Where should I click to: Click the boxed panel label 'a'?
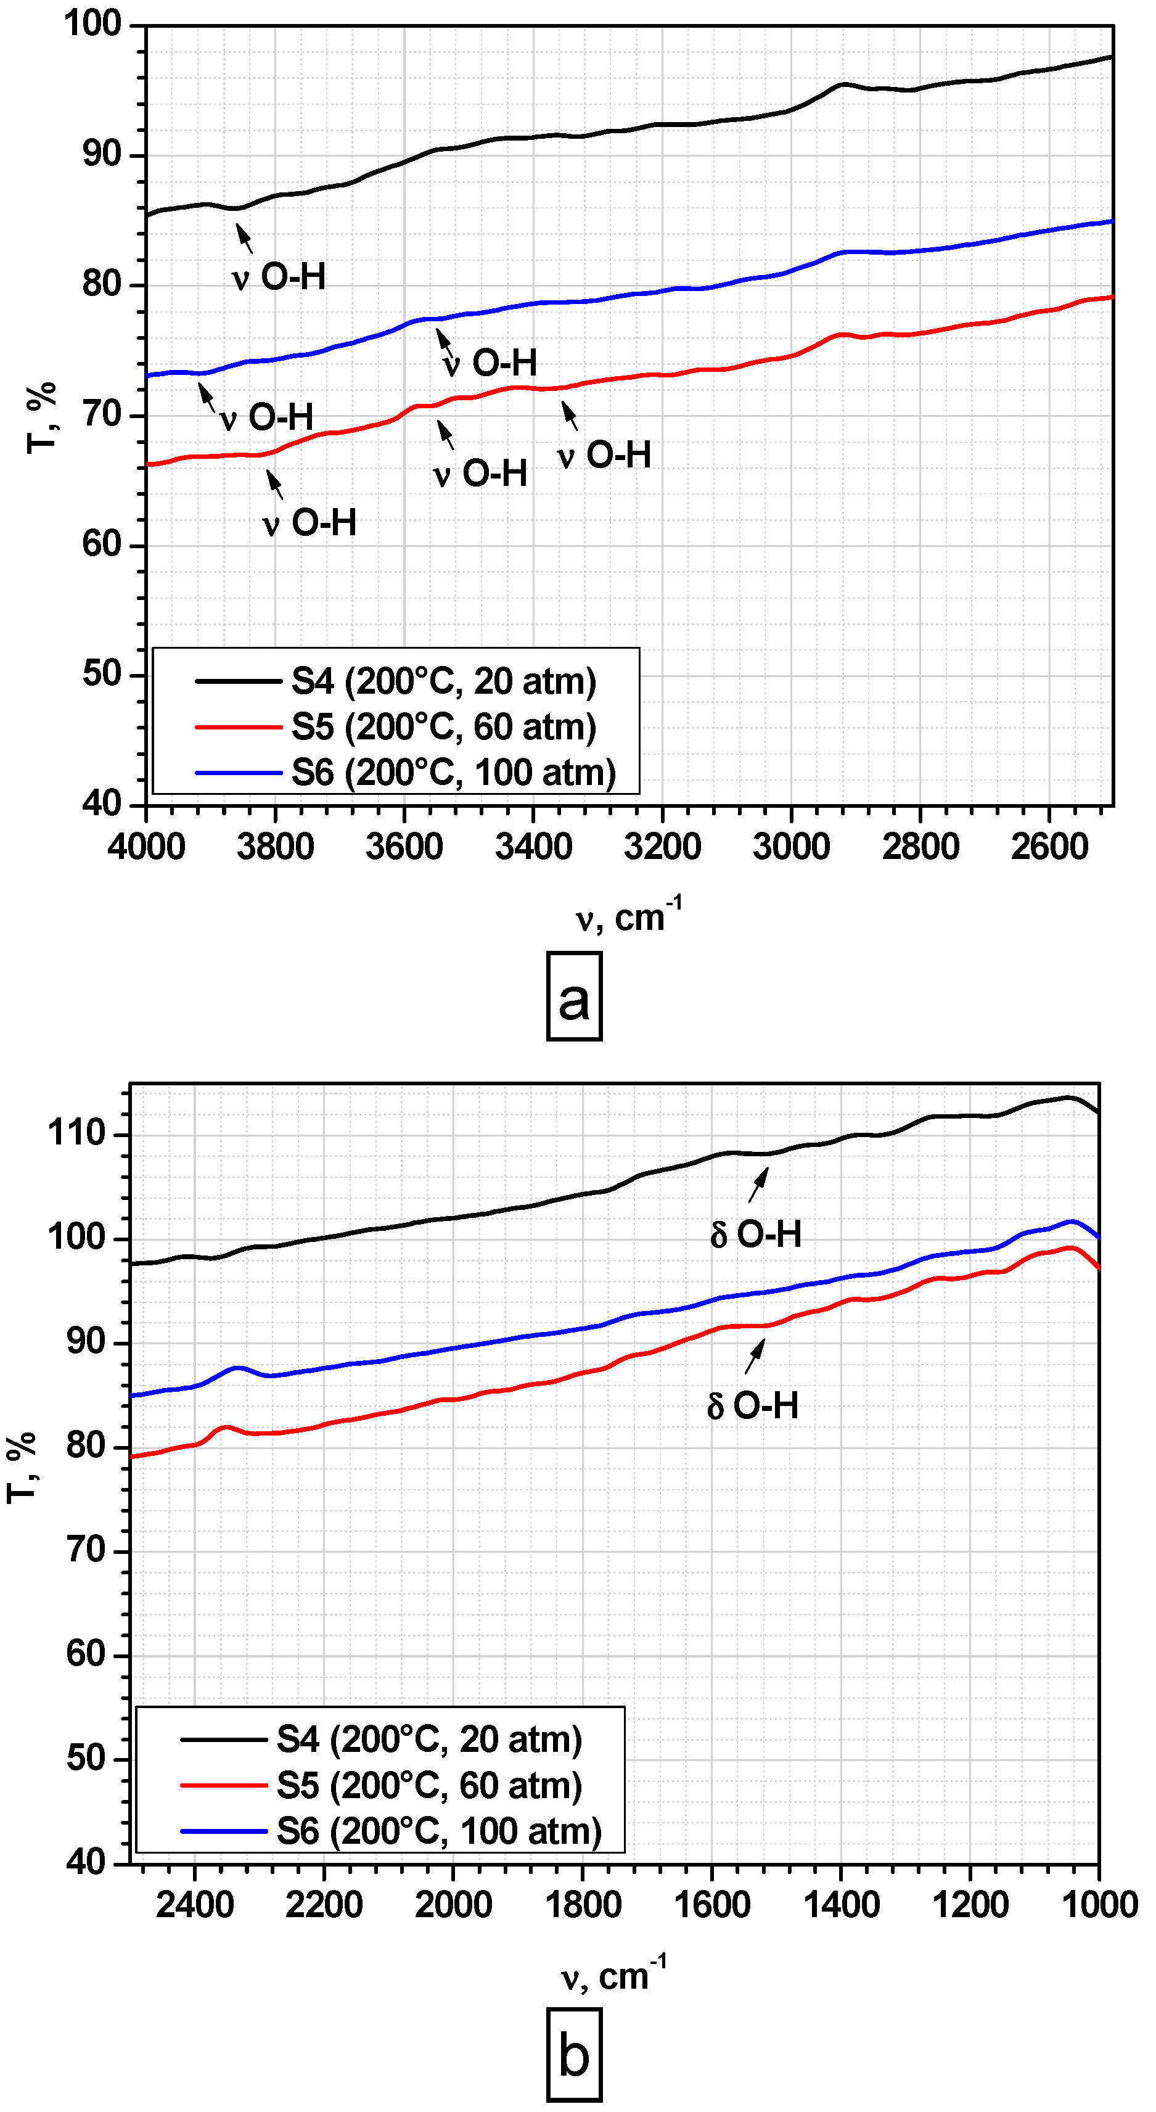tap(574, 996)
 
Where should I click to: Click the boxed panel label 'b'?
tap(574, 2055)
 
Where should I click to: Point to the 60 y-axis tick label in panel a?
tap(102, 544)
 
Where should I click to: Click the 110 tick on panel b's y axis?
tap(76, 1134)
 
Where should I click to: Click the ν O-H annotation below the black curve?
tap(279, 277)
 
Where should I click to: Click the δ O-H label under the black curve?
tap(755, 1234)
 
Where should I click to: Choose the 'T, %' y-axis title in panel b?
tap(22, 1467)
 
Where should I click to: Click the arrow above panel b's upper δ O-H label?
tap(758, 1184)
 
